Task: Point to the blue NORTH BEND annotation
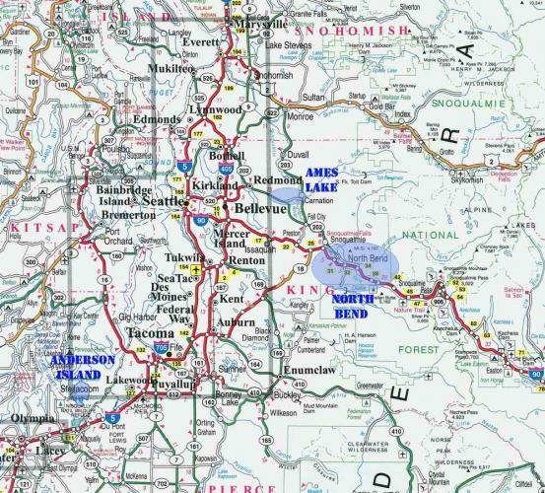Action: (352, 304)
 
